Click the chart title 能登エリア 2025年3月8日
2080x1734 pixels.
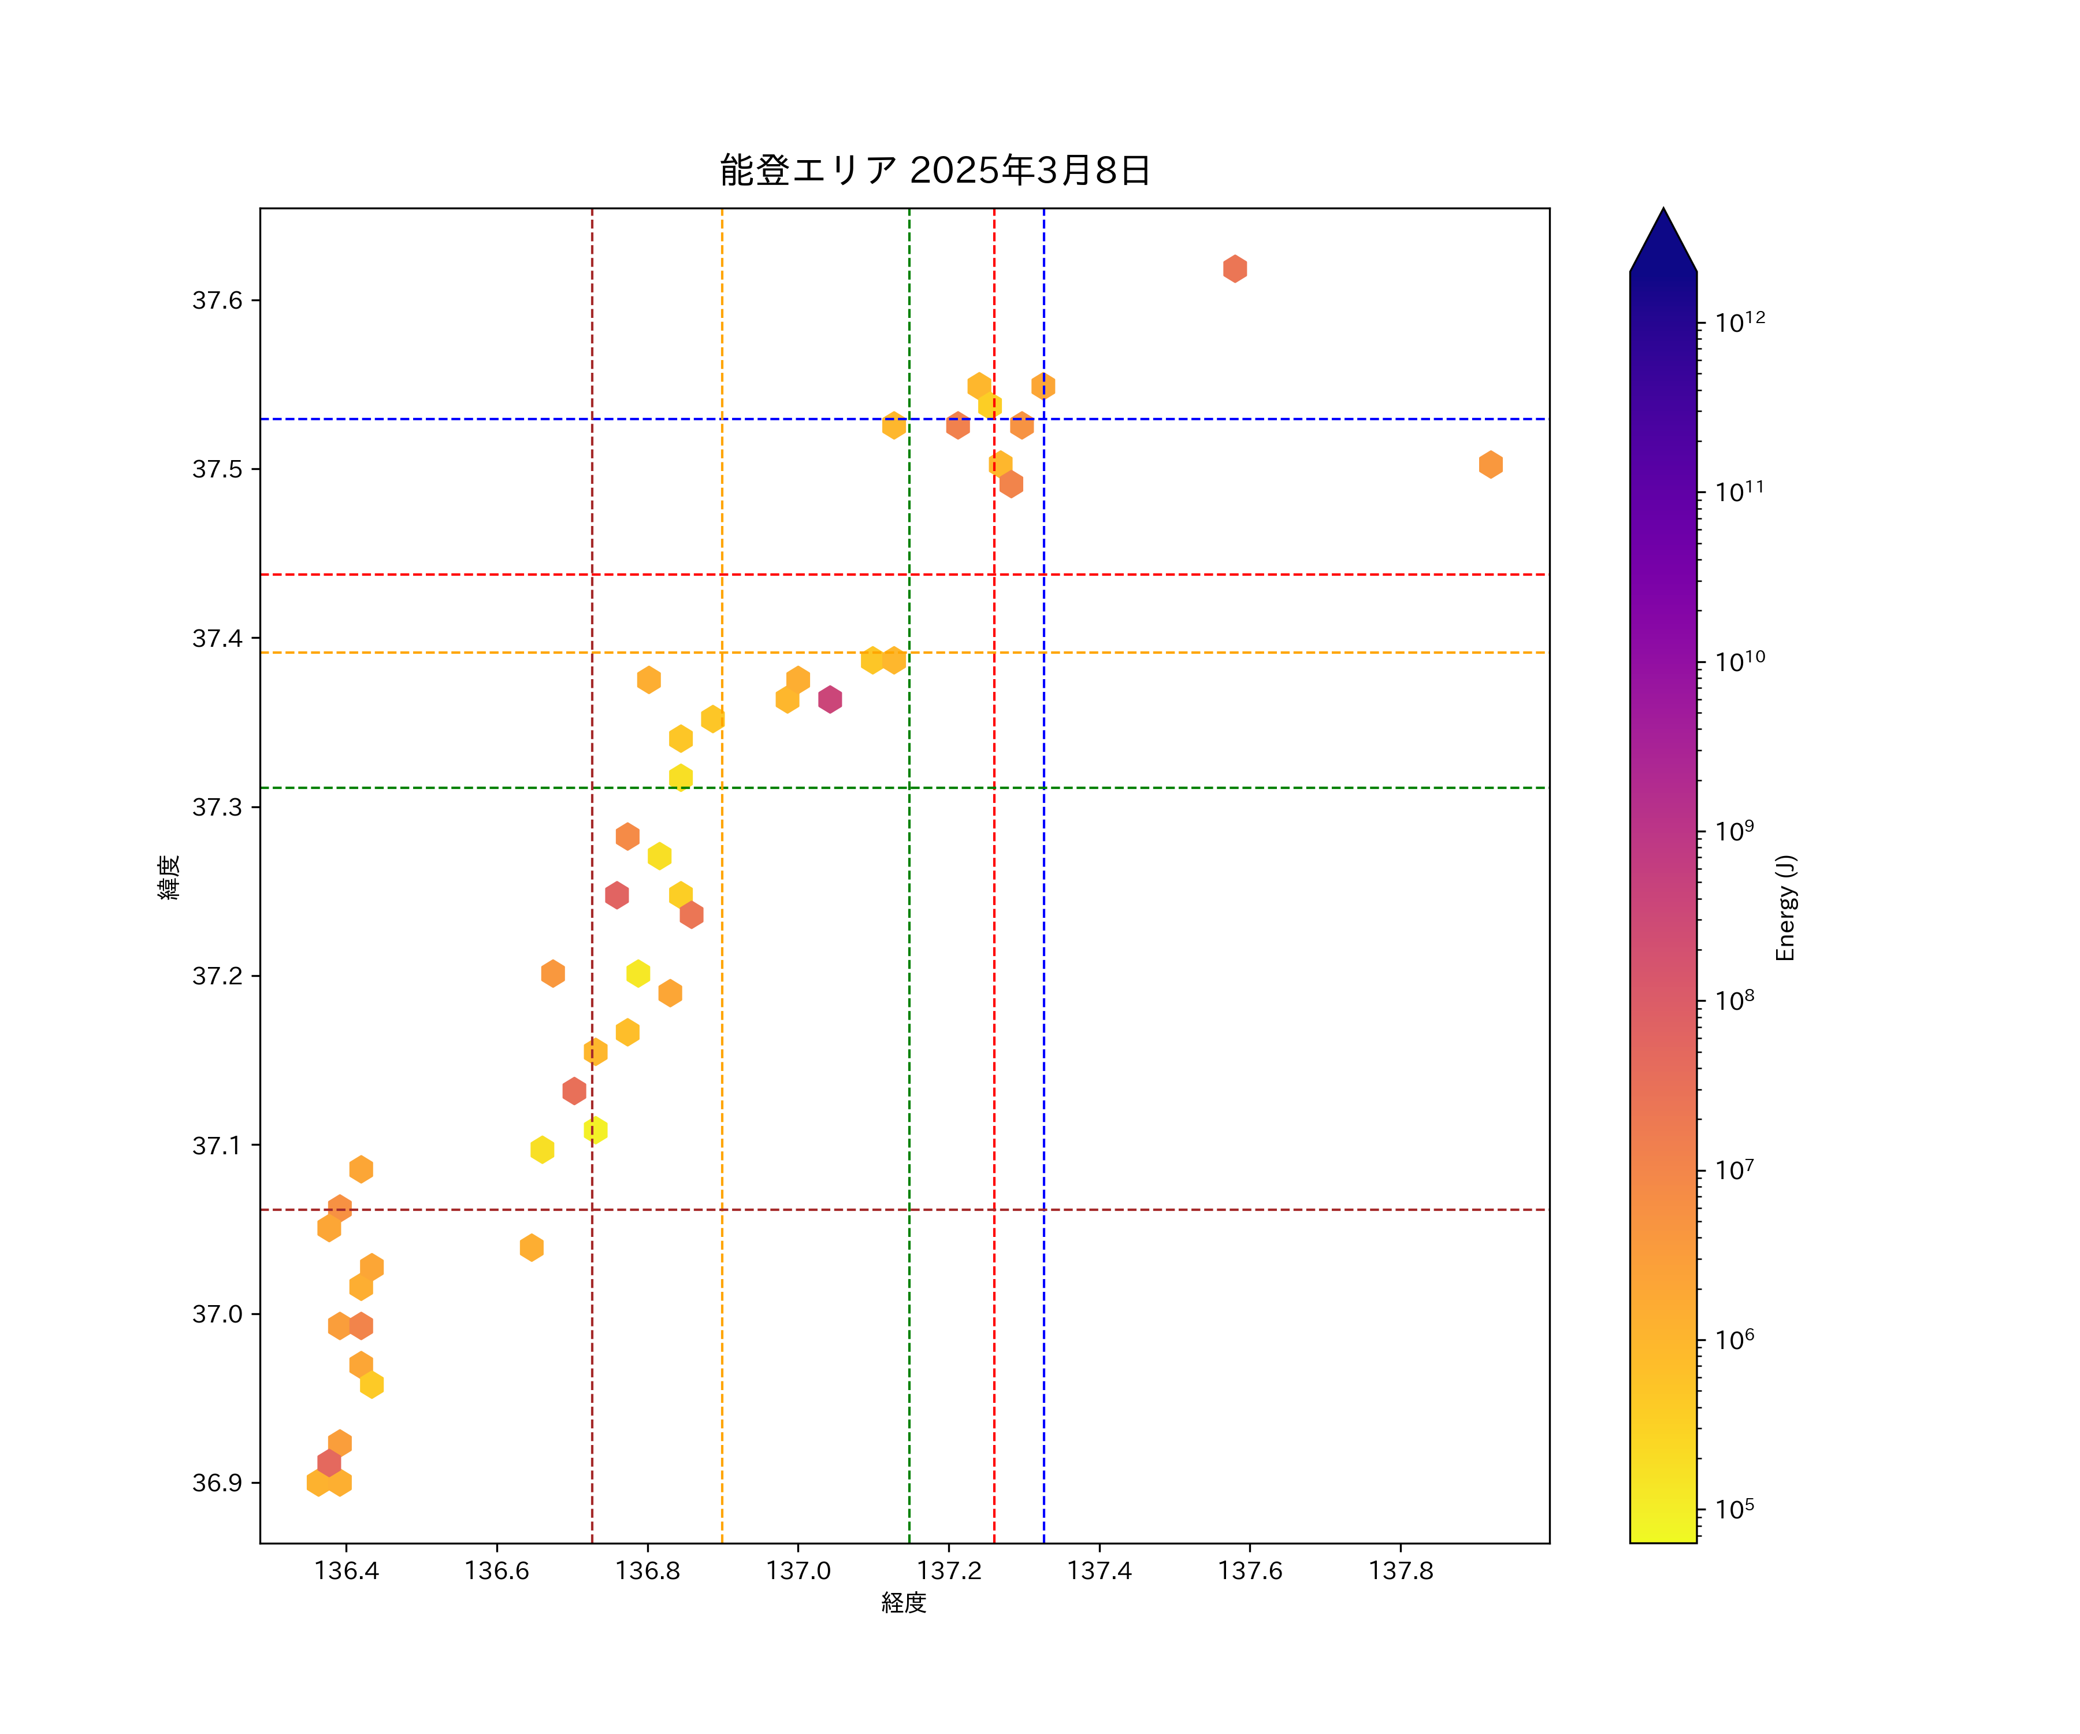[x=934, y=171]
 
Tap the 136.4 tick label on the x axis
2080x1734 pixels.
[x=347, y=1570]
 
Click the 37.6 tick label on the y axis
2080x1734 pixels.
[x=217, y=300]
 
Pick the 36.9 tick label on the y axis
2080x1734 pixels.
[x=217, y=1483]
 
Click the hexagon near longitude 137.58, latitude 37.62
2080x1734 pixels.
[x=1234, y=269]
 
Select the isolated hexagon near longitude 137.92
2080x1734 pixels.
[x=1490, y=465]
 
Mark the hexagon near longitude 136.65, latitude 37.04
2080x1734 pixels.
[x=532, y=1247]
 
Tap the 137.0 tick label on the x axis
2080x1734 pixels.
[x=798, y=1570]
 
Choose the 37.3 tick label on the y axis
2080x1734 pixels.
[x=217, y=806]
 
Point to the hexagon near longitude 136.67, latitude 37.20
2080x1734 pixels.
[x=553, y=973]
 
